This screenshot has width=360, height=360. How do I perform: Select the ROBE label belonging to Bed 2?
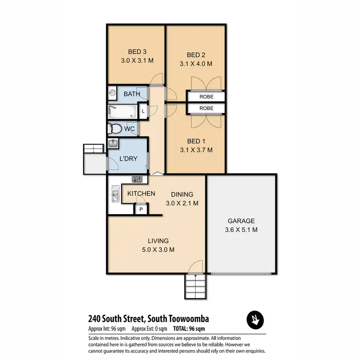tap(206, 96)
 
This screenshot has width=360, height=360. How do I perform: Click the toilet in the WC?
tap(115, 129)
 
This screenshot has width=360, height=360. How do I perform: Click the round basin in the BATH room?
tap(113, 93)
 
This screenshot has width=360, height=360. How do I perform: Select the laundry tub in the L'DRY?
tap(114, 144)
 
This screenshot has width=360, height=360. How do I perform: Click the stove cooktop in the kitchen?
tap(137, 180)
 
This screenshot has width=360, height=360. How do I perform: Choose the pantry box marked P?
tap(142, 209)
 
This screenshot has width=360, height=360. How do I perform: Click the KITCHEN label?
tap(141, 193)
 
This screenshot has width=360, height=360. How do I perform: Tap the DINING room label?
tap(182, 194)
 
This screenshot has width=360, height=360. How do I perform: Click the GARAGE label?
tap(241, 221)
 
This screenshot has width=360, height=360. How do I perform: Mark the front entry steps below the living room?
tap(195, 287)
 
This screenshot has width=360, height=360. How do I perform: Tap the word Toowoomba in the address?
tap(185, 318)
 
